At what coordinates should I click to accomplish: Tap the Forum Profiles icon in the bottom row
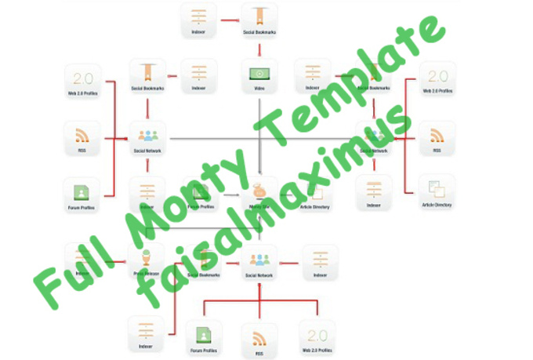click(203, 336)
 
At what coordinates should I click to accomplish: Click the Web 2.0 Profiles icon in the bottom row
click(317, 335)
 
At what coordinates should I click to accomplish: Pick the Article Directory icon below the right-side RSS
click(437, 191)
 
